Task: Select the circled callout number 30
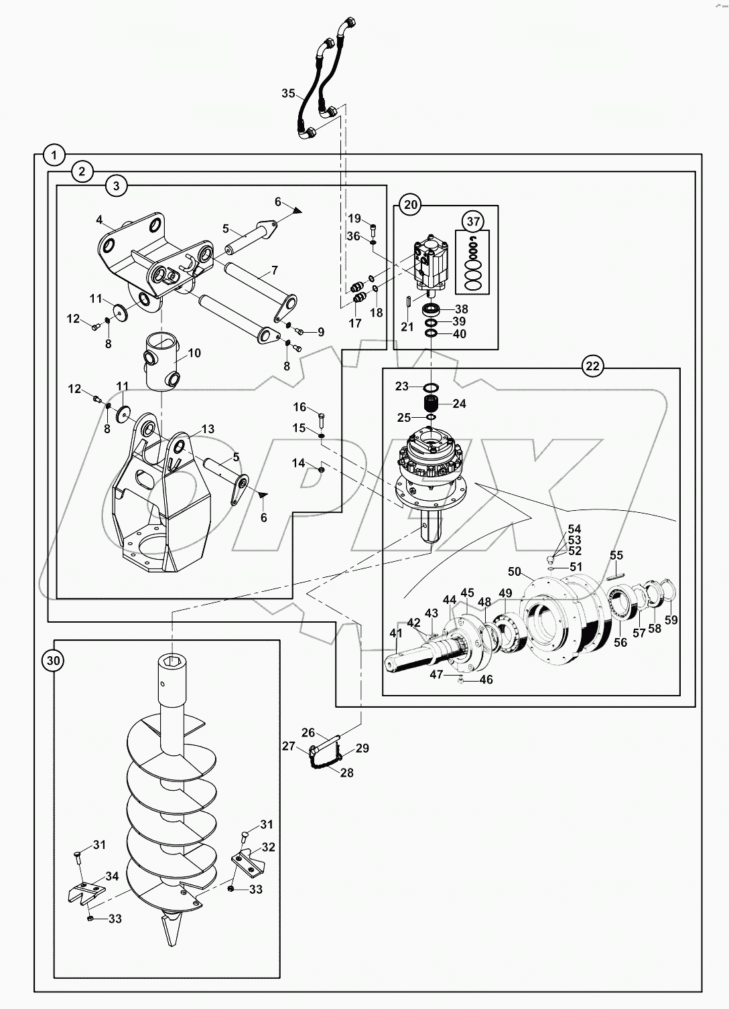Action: [x=54, y=661]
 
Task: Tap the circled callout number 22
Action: [x=593, y=366]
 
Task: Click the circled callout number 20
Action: [x=410, y=204]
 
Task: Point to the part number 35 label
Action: [x=288, y=93]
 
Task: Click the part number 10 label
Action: [x=194, y=353]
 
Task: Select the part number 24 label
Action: [x=459, y=404]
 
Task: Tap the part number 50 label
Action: [x=514, y=571]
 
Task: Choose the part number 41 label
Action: [x=396, y=633]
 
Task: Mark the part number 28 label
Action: [x=346, y=772]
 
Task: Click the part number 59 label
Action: [x=671, y=620]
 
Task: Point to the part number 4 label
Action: [x=99, y=220]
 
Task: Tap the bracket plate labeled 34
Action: [x=86, y=890]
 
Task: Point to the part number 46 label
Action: [x=486, y=680]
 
